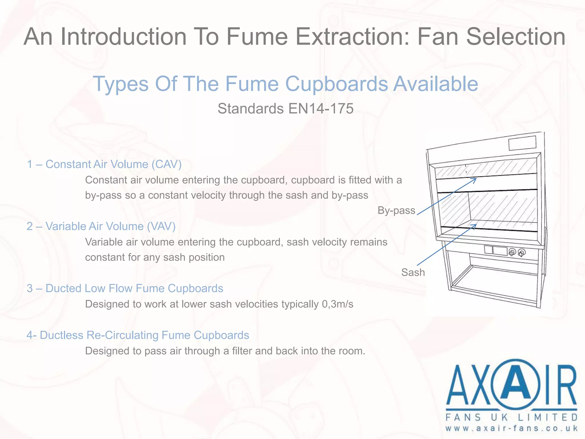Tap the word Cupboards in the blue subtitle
point(337,84)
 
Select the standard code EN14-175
point(321,109)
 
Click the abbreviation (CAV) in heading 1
point(167,164)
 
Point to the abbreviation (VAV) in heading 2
point(161,226)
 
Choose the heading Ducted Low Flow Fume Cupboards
point(134,288)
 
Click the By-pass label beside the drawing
point(396,210)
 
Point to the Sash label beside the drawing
point(413,272)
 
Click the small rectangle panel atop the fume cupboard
point(522,143)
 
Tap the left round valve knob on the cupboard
point(512,252)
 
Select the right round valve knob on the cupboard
point(522,253)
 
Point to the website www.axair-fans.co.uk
point(511,428)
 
